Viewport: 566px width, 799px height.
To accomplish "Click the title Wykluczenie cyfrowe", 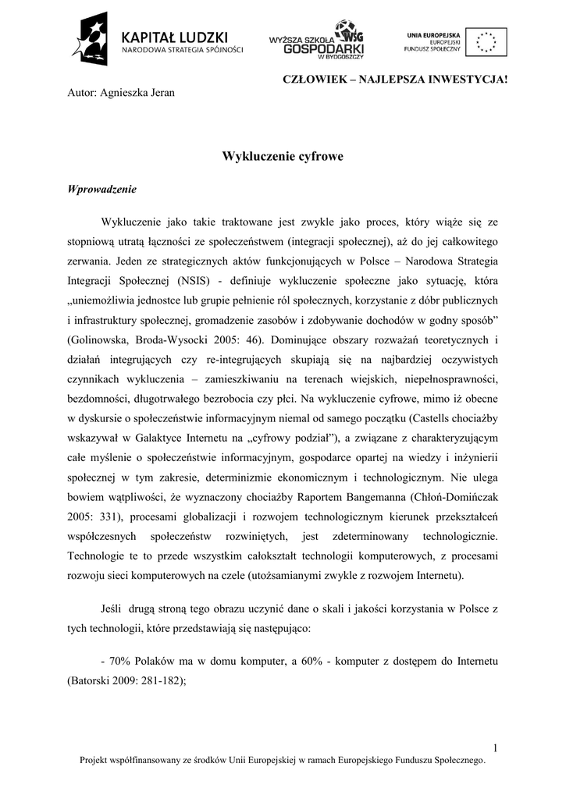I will tap(283, 156).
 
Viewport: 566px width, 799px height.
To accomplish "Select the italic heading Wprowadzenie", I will tap(102, 189).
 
